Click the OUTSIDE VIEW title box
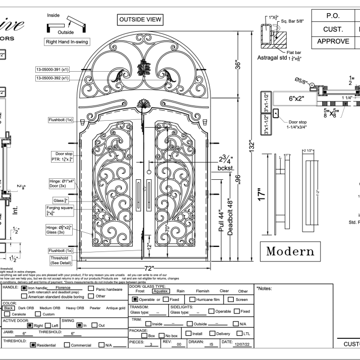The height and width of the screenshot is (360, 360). [140, 20]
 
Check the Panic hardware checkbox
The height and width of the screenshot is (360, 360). [91, 289]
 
